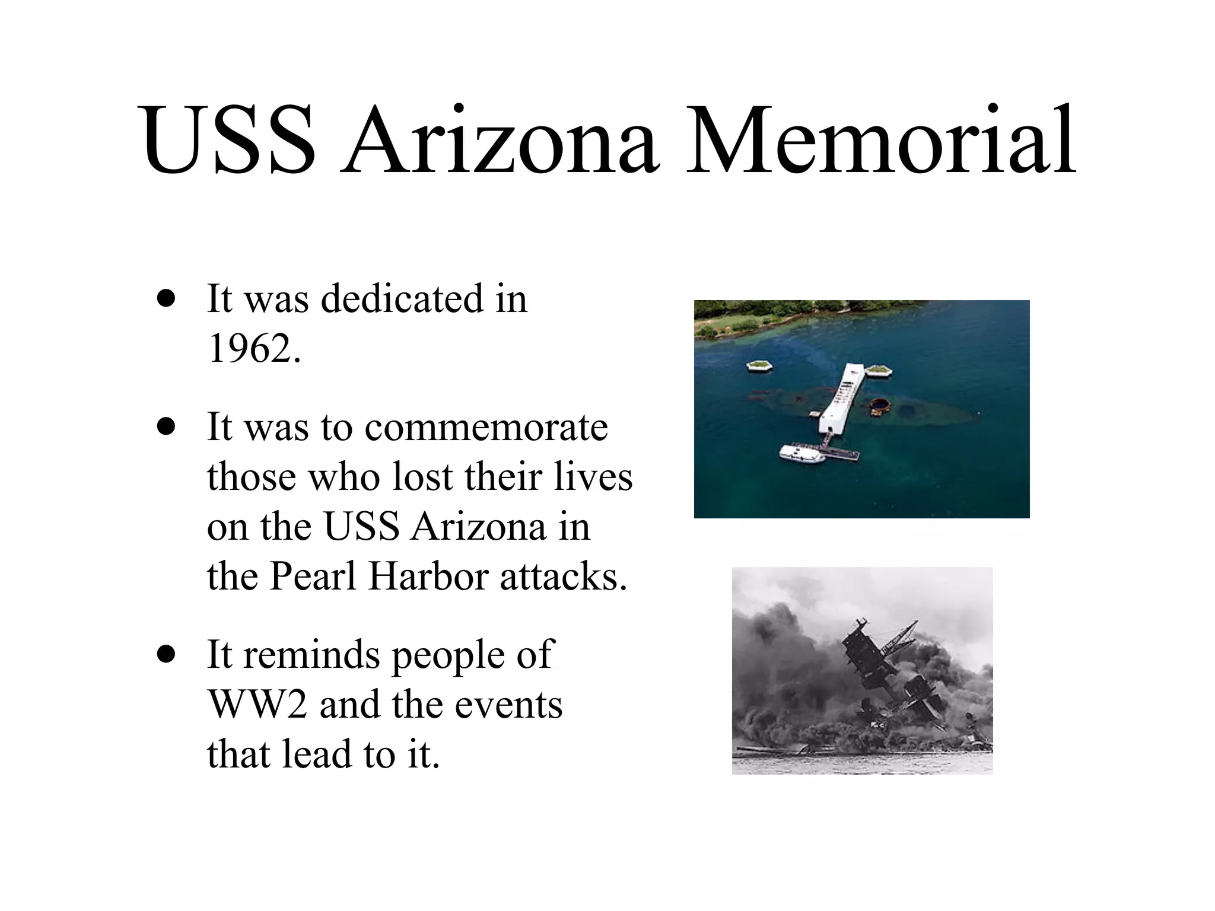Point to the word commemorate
coord(486,427)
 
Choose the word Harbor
coord(428,576)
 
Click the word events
coord(510,705)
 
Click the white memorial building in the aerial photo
coord(842,397)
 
